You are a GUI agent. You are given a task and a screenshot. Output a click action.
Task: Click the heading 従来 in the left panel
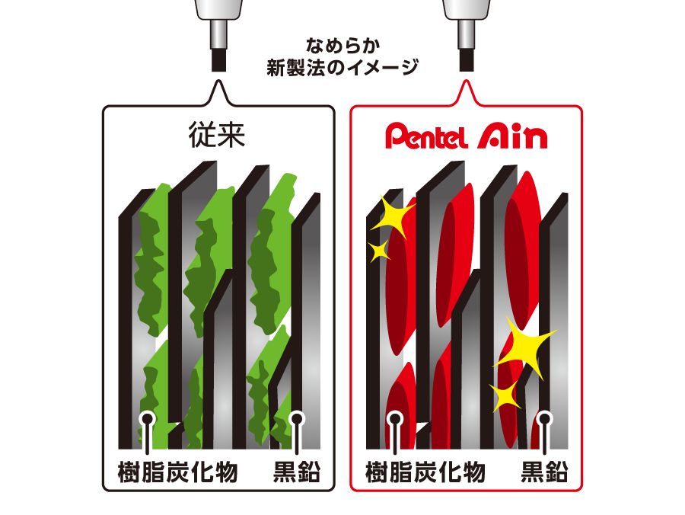point(217,135)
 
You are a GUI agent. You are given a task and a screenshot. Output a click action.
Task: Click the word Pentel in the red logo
point(426,137)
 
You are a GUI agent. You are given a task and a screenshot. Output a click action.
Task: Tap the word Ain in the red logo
point(512,136)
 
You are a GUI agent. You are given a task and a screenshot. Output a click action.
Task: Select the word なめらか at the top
point(343,45)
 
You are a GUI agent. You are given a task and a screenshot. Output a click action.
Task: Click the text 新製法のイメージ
point(343,68)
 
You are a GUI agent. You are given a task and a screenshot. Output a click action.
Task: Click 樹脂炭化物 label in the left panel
point(178,472)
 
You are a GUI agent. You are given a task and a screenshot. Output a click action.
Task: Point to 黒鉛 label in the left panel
point(297,472)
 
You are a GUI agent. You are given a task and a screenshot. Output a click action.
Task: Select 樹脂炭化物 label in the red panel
point(425,472)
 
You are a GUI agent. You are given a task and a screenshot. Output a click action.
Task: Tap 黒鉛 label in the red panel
point(544,472)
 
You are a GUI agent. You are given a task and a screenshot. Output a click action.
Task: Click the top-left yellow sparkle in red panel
point(391,217)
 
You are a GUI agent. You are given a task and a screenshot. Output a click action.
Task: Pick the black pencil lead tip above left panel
point(219,61)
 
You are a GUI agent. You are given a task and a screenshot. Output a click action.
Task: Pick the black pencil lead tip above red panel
point(467,61)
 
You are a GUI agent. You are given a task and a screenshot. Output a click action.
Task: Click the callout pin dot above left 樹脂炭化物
point(148,419)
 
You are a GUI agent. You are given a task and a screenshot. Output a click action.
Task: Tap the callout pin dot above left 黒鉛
point(297,419)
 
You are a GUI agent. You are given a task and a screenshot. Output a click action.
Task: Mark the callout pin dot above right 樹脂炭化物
point(395,419)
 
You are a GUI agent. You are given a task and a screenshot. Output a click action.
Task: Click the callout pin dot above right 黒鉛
point(545,419)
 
